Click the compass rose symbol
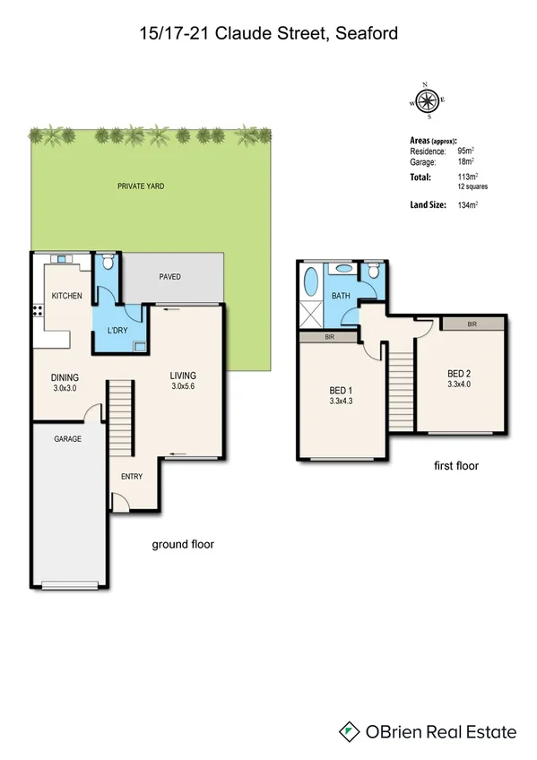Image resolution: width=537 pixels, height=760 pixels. coord(429,100)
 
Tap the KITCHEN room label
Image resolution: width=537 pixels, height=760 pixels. coord(67,296)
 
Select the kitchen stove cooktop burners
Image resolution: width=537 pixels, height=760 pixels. coord(38,312)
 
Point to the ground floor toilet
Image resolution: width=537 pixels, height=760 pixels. coord(107,262)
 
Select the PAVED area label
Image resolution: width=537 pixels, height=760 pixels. coord(170,277)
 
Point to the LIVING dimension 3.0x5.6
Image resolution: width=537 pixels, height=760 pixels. coord(183,387)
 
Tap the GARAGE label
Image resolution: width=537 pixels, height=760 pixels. coord(67,439)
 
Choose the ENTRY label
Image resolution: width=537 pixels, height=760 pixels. coord(132,476)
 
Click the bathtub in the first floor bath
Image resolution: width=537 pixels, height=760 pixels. coord(310,282)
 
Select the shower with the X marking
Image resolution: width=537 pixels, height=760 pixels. coord(310,315)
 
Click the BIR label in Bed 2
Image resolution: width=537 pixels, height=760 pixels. coord(472,324)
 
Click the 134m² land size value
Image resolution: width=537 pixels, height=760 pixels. coord(466,205)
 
